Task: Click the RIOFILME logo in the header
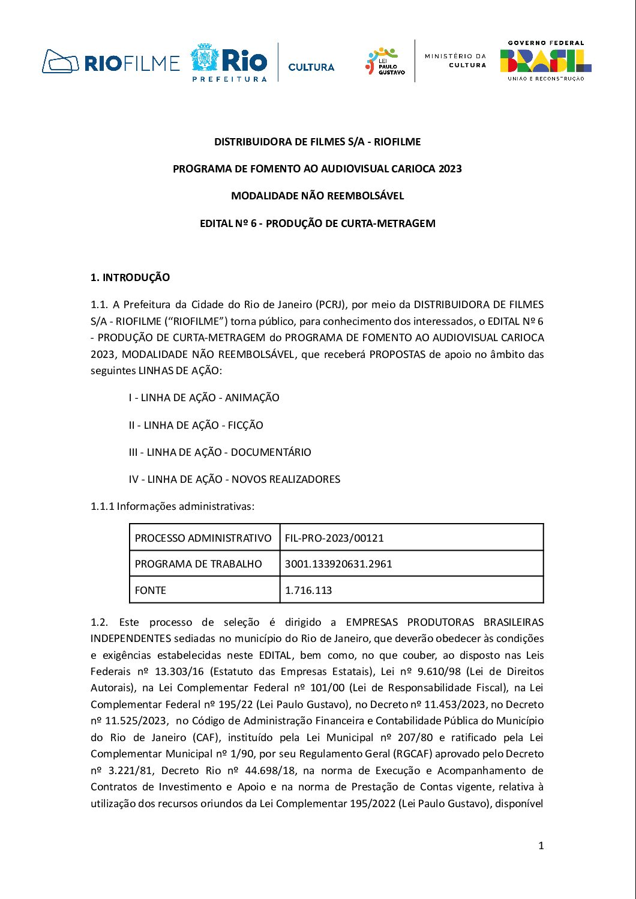pyautogui.click(x=111, y=62)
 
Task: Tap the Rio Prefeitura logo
pyautogui.click(x=229, y=62)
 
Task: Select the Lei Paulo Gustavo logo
pyautogui.click(x=385, y=61)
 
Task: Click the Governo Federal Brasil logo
pyautogui.click(x=545, y=61)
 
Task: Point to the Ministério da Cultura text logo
pyautogui.click(x=455, y=60)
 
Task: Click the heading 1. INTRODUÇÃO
pyautogui.click(x=130, y=277)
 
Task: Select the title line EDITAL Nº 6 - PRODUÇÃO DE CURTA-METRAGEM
pyautogui.click(x=317, y=223)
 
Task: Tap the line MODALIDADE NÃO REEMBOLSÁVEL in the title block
pyautogui.click(x=317, y=196)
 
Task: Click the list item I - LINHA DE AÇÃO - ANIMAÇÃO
pyautogui.click(x=204, y=398)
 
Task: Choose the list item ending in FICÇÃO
pyautogui.click(x=196, y=425)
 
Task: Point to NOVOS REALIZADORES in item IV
pyautogui.click(x=286, y=479)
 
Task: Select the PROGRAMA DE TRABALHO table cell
pyautogui.click(x=199, y=564)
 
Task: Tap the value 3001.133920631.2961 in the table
pyautogui.click(x=338, y=564)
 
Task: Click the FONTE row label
pyautogui.click(x=151, y=590)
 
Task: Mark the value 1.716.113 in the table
pyautogui.click(x=308, y=590)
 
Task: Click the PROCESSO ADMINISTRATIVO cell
pyautogui.click(x=203, y=538)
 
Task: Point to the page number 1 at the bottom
pyautogui.click(x=541, y=846)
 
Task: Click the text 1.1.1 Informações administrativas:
pyautogui.click(x=173, y=506)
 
